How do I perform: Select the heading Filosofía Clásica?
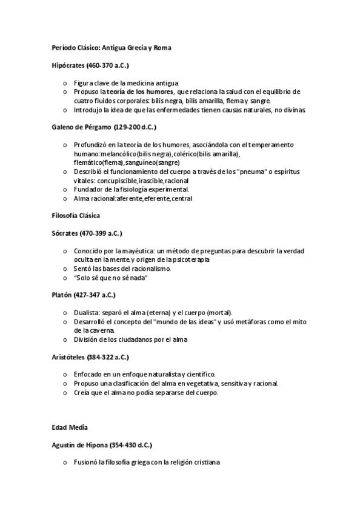[x=76, y=215]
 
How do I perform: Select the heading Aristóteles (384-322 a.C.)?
[x=90, y=357]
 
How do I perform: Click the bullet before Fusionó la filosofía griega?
[x=65, y=462]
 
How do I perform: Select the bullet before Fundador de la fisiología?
[x=65, y=189]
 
